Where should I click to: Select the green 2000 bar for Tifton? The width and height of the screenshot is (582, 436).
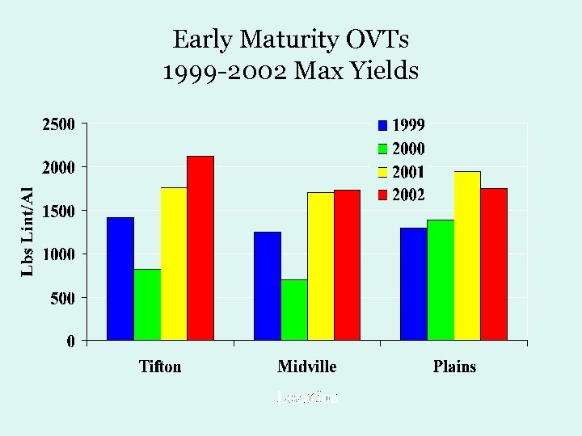(147, 304)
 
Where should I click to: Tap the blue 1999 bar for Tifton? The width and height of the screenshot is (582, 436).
(120, 278)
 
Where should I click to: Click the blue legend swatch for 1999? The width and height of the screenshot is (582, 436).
(382, 125)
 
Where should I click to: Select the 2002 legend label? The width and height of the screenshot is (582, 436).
(408, 195)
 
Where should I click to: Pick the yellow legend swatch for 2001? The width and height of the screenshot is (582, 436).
(382, 172)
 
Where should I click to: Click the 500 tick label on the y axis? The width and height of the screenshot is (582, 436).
(62, 297)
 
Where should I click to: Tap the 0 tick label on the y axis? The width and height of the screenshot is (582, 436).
(71, 341)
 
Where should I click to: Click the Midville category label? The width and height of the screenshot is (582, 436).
(306, 367)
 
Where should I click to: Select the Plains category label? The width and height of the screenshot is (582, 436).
(454, 367)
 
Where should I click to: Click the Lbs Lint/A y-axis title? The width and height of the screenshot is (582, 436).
(27, 231)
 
